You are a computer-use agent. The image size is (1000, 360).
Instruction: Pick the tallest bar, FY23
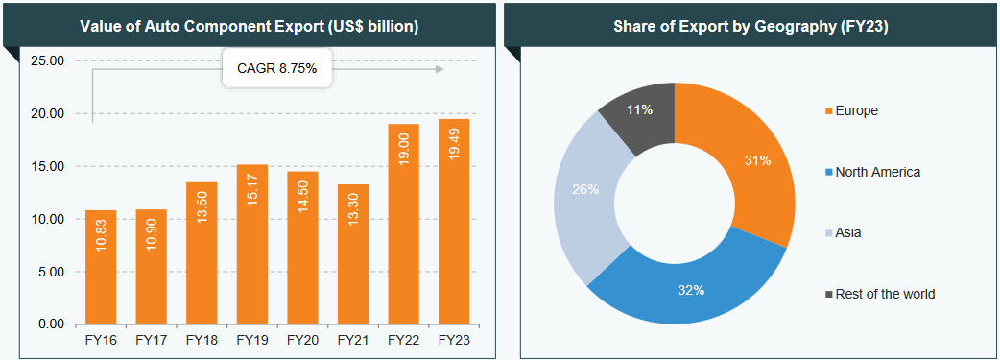click(x=454, y=221)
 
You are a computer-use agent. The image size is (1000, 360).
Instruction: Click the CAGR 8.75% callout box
click(x=276, y=69)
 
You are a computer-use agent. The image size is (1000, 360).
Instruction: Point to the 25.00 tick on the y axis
click(x=48, y=61)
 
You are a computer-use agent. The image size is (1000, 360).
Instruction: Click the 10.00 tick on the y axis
click(x=48, y=219)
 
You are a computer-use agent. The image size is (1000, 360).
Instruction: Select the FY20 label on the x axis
click(x=302, y=340)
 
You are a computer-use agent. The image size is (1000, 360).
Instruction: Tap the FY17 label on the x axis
click(x=152, y=340)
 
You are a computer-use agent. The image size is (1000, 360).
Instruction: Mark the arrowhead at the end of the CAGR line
click(x=440, y=69)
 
